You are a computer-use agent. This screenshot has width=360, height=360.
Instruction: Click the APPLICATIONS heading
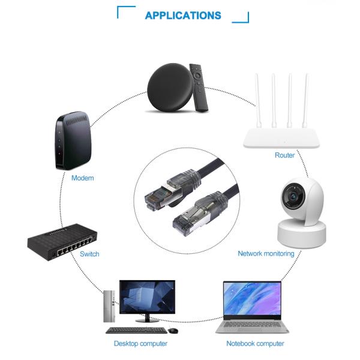(183, 16)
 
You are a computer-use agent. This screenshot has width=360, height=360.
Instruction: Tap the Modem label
(83, 178)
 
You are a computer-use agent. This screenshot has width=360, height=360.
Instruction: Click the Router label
(284, 155)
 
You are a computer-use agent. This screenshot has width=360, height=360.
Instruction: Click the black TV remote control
(200, 86)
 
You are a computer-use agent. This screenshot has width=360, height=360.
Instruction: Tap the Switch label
(89, 254)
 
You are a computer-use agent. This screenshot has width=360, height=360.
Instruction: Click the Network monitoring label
(266, 254)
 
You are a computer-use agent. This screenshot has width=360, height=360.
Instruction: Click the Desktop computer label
(140, 344)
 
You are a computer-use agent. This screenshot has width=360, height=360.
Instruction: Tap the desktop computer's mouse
(173, 331)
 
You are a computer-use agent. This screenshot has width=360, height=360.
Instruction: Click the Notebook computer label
(255, 344)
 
